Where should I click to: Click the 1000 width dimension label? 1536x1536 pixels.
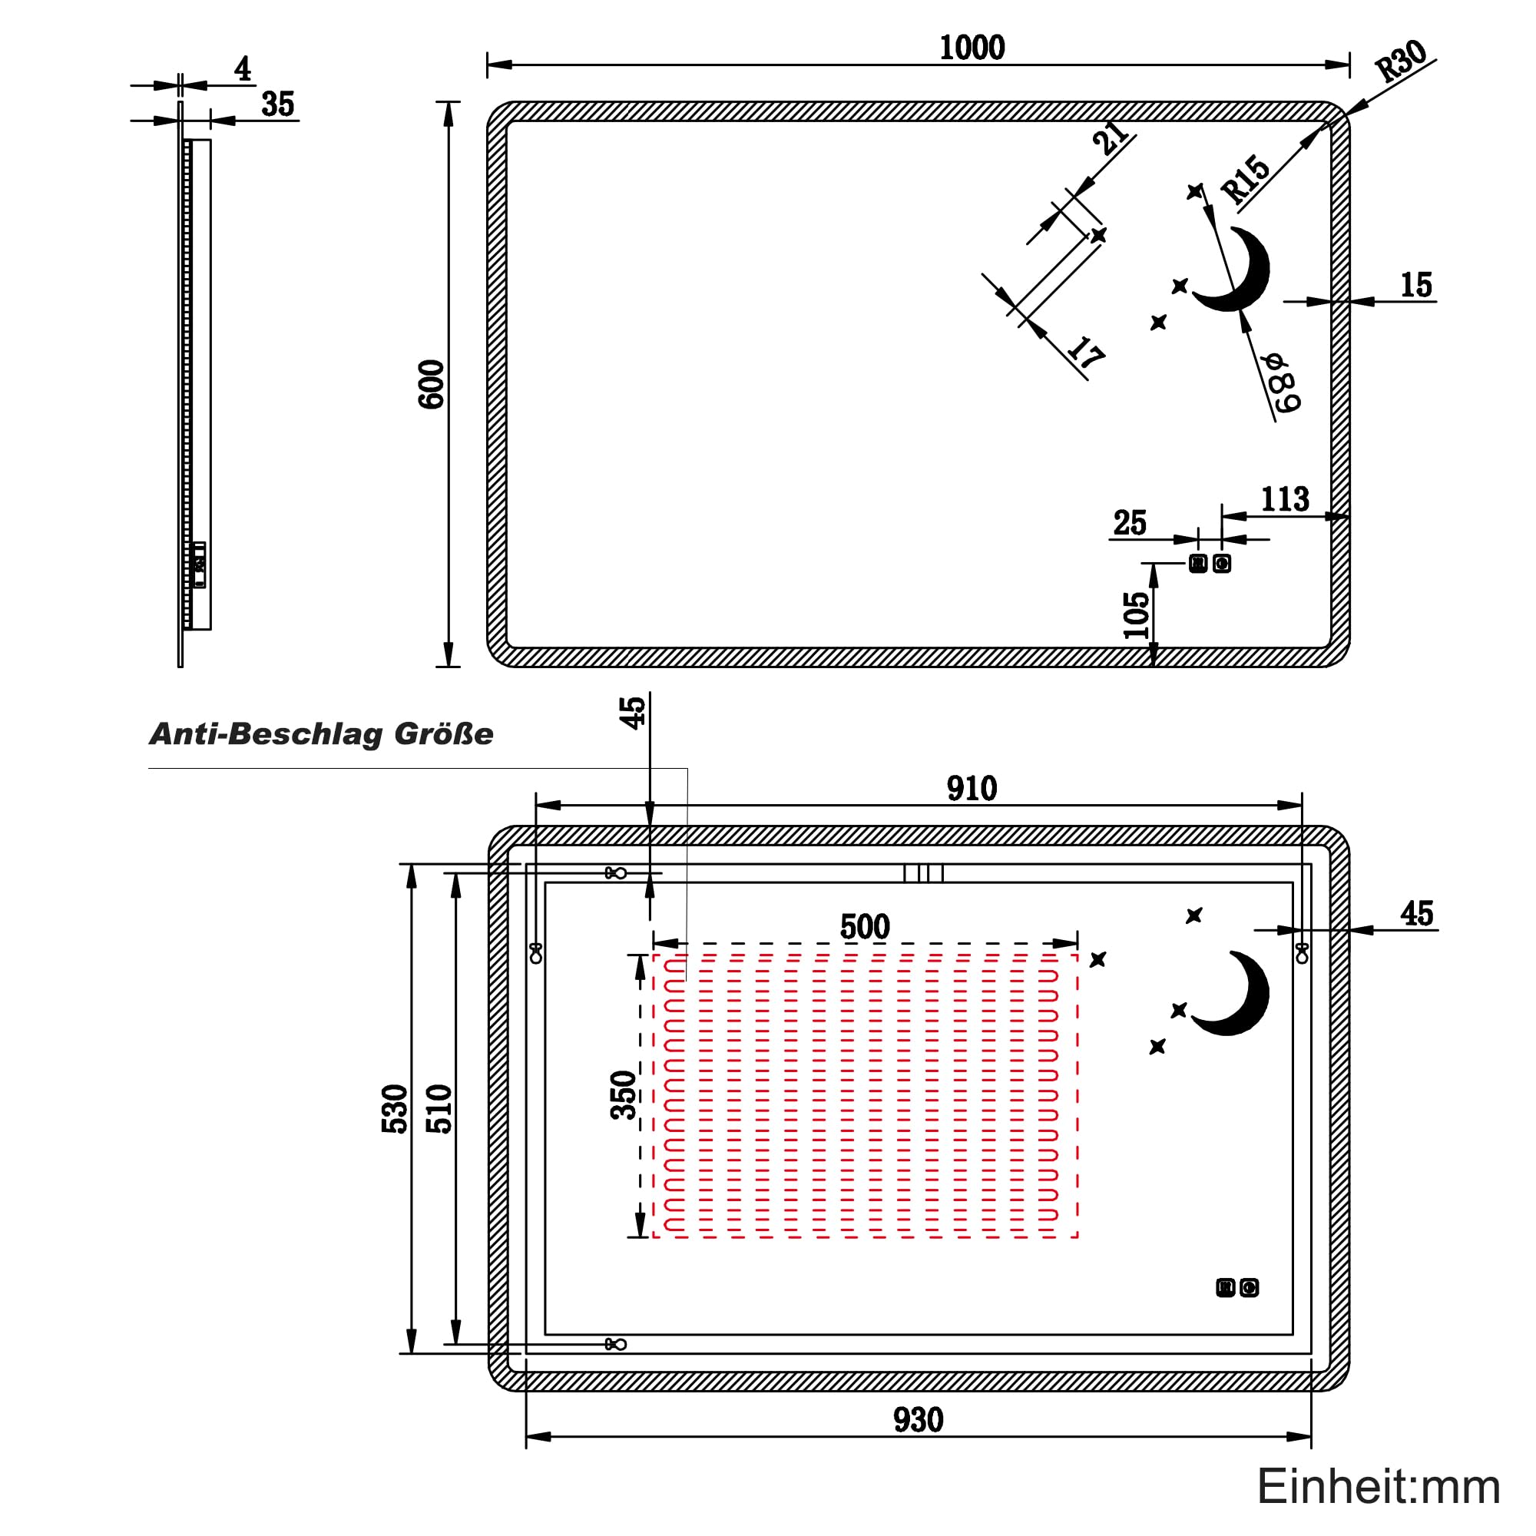[x=972, y=48]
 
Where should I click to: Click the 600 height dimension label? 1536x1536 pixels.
[x=432, y=385]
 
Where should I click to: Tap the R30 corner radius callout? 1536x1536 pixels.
[x=1401, y=61]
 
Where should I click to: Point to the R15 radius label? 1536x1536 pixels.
[x=1246, y=180]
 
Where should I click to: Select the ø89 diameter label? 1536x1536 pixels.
[x=1285, y=383]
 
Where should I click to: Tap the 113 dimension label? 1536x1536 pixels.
[x=1285, y=499]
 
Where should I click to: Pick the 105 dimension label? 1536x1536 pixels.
[x=1137, y=615]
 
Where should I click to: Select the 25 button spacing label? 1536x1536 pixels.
[x=1130, y=523]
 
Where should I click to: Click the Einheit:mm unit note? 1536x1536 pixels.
[x=1379, y=1487]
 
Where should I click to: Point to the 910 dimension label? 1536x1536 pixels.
[x=972, y=789]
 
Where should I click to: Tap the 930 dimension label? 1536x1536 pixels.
[x=919, y=1420]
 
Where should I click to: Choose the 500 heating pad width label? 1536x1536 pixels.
[x=865, y=927]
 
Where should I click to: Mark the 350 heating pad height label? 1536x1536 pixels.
[x=624, y=1096]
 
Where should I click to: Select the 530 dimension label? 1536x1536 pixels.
[x=395, y=1108]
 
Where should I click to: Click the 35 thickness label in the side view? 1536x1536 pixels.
[x=277, y=104]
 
